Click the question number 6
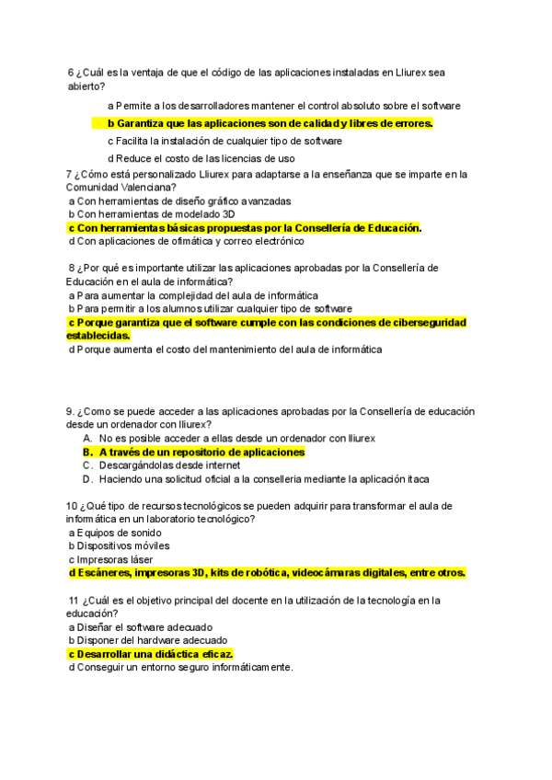tap(71, 73)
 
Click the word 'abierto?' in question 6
tap(87, 86)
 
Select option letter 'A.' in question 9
tap(88, 439)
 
